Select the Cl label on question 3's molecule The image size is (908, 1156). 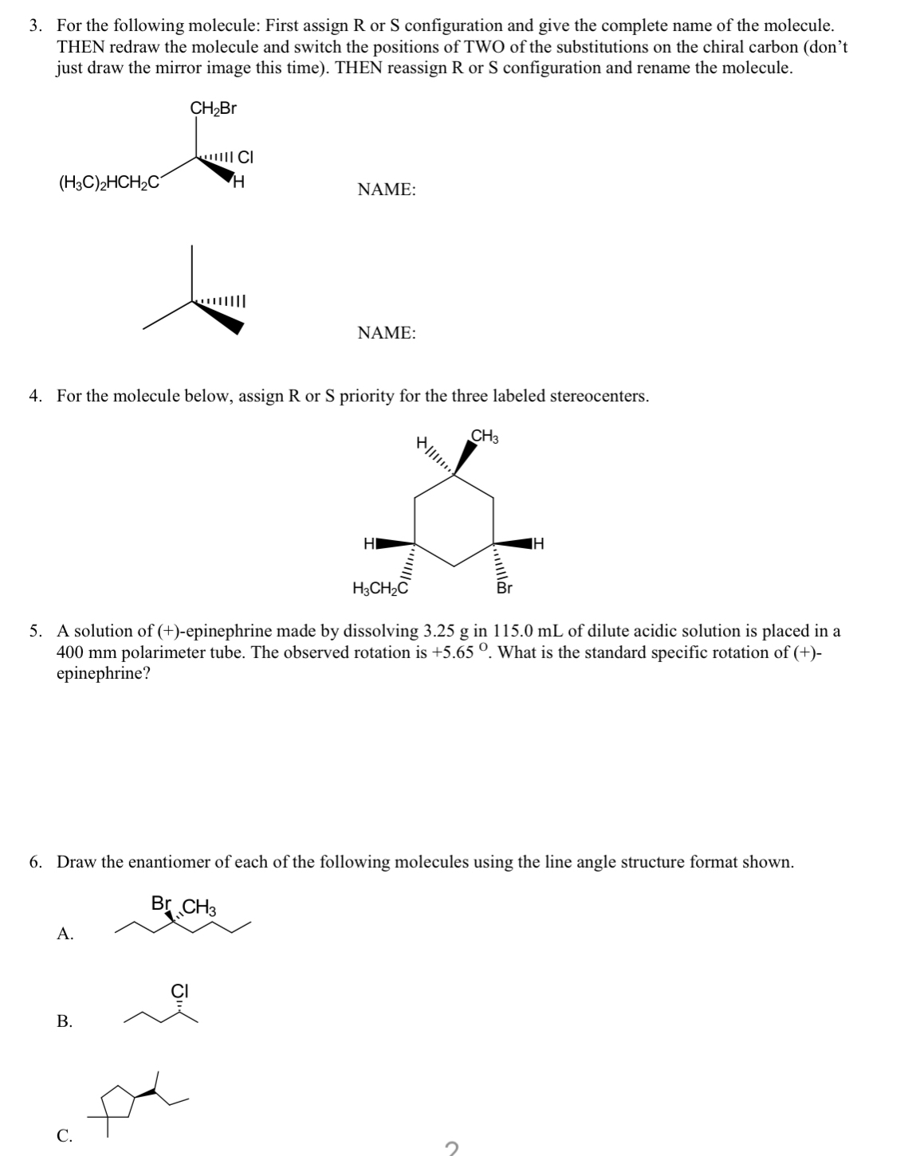[246, 157]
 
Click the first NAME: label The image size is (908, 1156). [387, 190]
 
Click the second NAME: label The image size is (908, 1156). [387, 333]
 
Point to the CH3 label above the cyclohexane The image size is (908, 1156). [485, 436]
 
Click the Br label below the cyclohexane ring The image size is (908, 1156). [504, 590]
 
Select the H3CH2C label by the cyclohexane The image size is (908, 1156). [380, 589]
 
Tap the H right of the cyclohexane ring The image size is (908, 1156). [539, 544]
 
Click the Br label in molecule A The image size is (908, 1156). [160, 904]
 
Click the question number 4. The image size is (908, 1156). [35, 396]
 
